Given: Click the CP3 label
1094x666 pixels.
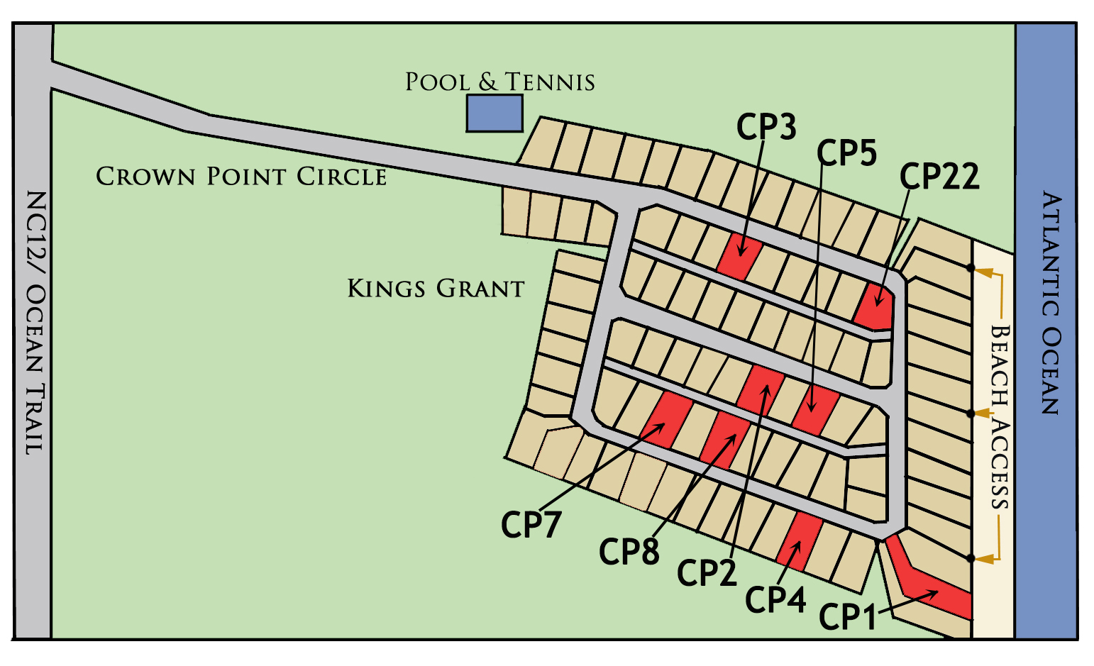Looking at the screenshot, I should tap(766, 127).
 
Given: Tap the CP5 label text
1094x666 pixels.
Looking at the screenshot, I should tap(846, 152).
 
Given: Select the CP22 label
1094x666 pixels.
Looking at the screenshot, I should tap(939, 177).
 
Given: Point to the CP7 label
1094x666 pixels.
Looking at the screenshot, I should tap(531, 525).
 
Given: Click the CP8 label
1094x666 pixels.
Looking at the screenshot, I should tap(629, 551).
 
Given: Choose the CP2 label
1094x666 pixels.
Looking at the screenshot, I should tap(707, 572).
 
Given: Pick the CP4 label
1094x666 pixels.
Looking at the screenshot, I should tap(775, 600).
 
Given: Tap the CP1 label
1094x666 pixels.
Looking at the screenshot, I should tap(848, 616).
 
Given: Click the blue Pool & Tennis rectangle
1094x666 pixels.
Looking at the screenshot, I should tap(494, 113).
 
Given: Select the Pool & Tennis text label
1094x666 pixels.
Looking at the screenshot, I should tap(499, 82).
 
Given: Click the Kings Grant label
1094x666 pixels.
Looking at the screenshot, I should tap(436, 289).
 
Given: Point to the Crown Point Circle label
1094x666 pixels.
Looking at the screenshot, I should tap(241, 176).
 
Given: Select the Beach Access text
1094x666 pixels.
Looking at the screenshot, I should tap(999, 416).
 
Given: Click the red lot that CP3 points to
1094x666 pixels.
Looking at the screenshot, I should tap(739, 256).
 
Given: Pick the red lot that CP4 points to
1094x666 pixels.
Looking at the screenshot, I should tap(800, 541).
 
